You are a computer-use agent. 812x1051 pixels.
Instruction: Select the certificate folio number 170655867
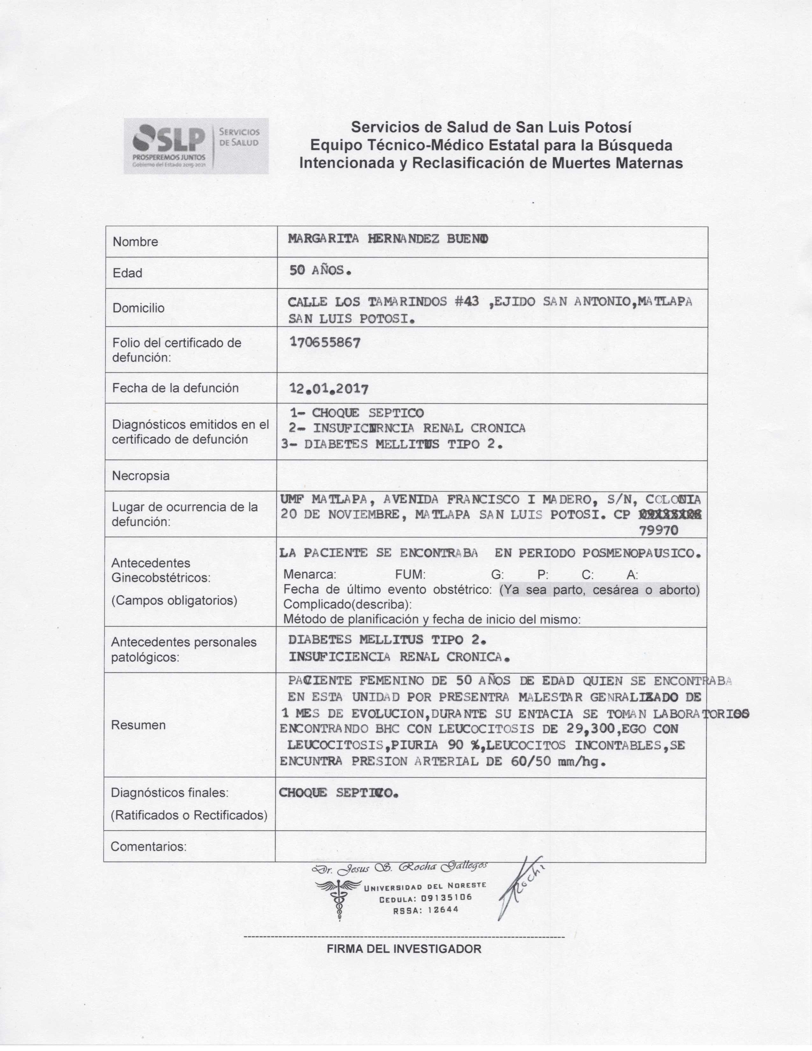325,343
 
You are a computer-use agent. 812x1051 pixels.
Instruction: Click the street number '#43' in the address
467,302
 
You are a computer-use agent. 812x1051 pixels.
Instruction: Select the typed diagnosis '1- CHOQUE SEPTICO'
357,413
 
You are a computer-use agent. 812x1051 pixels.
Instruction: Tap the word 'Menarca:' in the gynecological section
310,575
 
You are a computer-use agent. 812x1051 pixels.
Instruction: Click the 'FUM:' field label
410,575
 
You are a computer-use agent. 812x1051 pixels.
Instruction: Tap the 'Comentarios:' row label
149,847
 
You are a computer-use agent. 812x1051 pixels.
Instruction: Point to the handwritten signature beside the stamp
520,888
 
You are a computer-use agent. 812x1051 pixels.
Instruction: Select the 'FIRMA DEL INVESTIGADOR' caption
404,949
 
